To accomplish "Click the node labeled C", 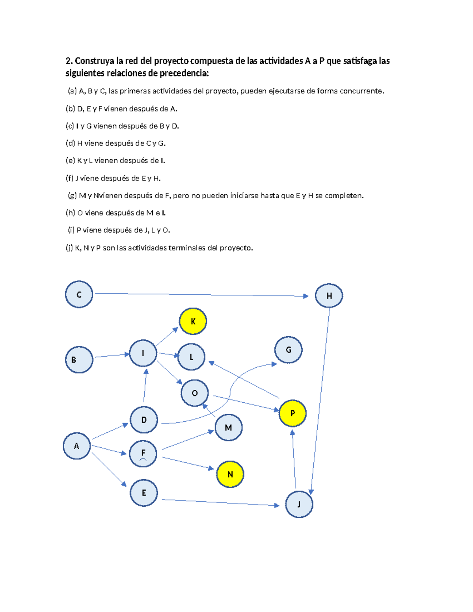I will tap(79, 294).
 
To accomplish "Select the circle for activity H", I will tap(329, 296).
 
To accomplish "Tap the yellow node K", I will tap(193, 321).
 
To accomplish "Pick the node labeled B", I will tap(79, 359).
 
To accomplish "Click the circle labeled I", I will tap(143, 353).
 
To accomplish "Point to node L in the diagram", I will tap(192, 357).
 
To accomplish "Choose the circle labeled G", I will tap(288, 350).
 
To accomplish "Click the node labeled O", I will tap(194, 393).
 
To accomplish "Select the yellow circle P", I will tap(292, 413).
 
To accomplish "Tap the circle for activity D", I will tap(144, 420).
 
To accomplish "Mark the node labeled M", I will tap(228, 428).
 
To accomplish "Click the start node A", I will tap(76, 446).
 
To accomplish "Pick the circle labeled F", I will tap(143, 454).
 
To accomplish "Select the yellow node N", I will tap(230, 474).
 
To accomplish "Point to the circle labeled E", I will tap(144, 493).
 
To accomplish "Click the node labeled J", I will tap(299, 504).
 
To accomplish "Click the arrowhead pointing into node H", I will tap(306, 296).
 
